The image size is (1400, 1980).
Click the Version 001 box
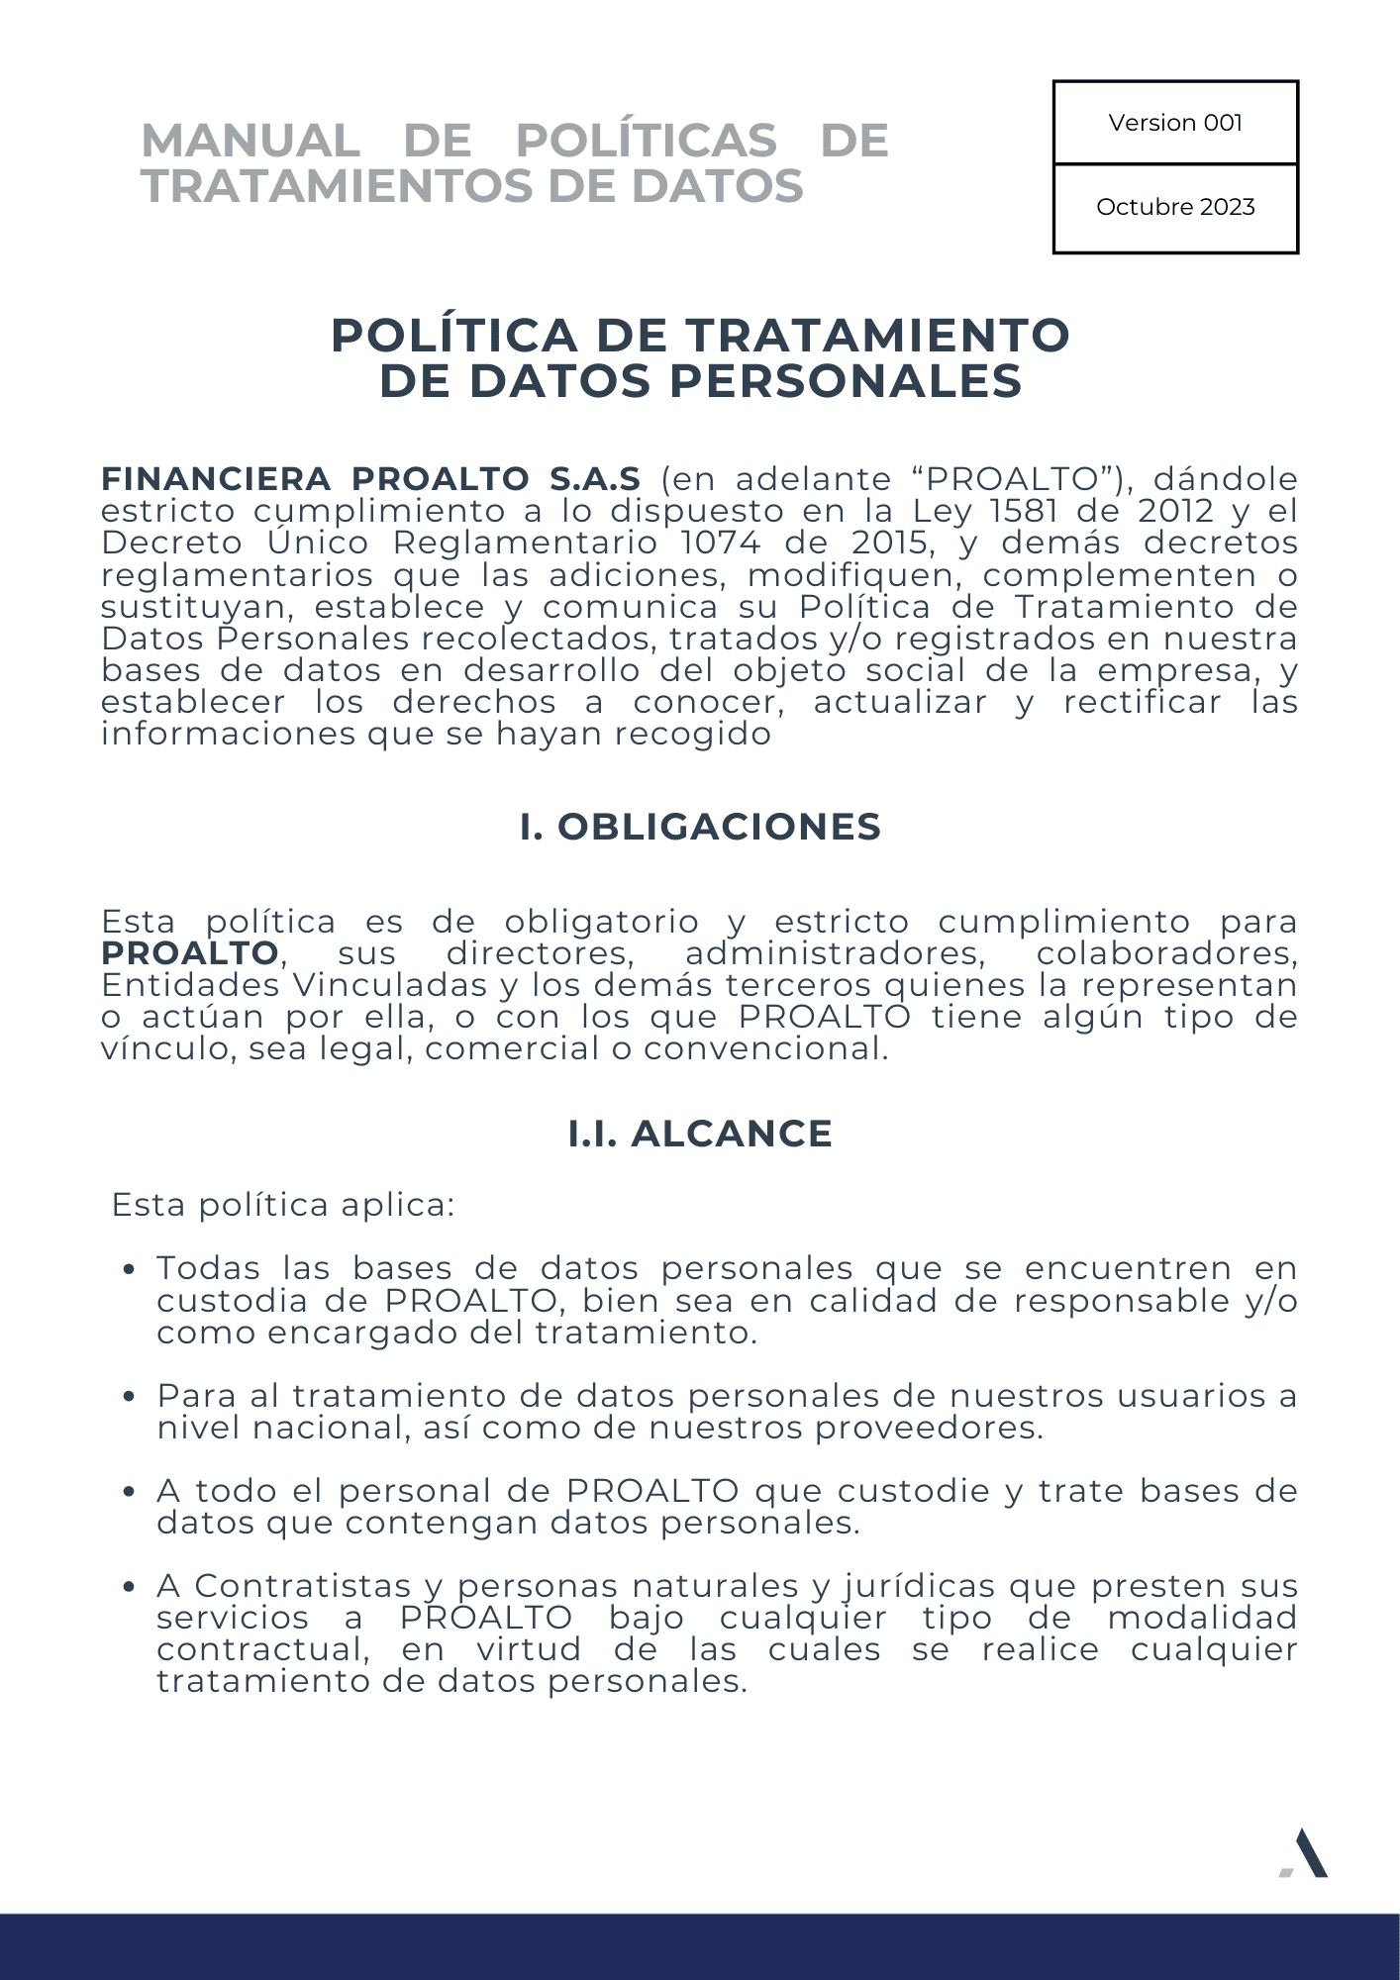(1174, 123)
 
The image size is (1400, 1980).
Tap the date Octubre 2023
(1174, 207)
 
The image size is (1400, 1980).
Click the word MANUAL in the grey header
(250, 141)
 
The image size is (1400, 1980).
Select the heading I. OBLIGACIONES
(700, 827)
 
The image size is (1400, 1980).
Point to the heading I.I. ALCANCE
(700, 1134)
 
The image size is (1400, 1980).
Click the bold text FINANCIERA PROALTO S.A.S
(371, 479)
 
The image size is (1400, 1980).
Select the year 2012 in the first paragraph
(1175, 511)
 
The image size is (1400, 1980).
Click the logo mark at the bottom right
(1304, 1853)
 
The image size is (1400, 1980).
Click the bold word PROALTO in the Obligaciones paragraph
(190, 953)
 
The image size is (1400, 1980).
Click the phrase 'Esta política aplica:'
(283, 1205)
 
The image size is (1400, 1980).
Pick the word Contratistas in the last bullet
(302, 1586)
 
